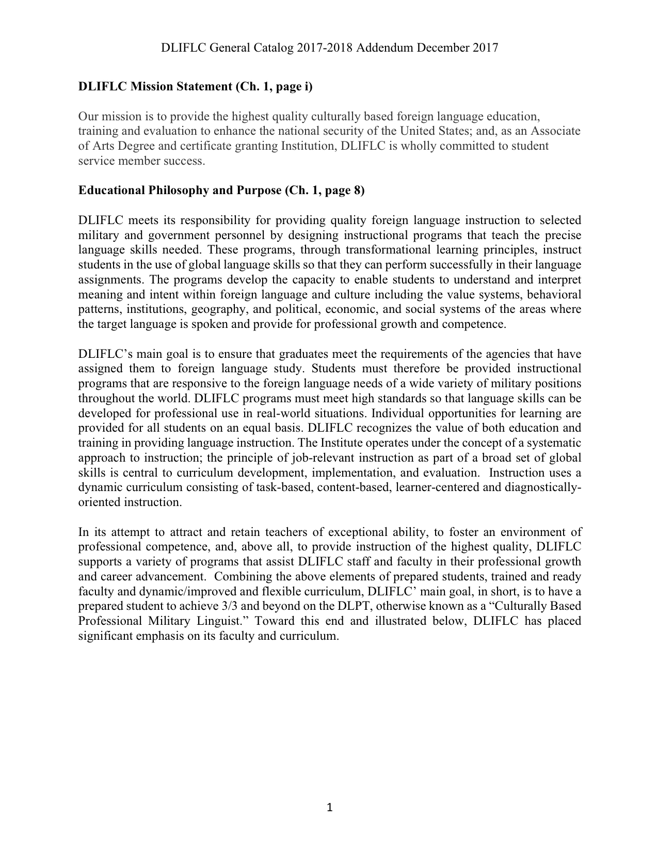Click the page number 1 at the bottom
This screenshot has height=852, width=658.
[x=330, y=808]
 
